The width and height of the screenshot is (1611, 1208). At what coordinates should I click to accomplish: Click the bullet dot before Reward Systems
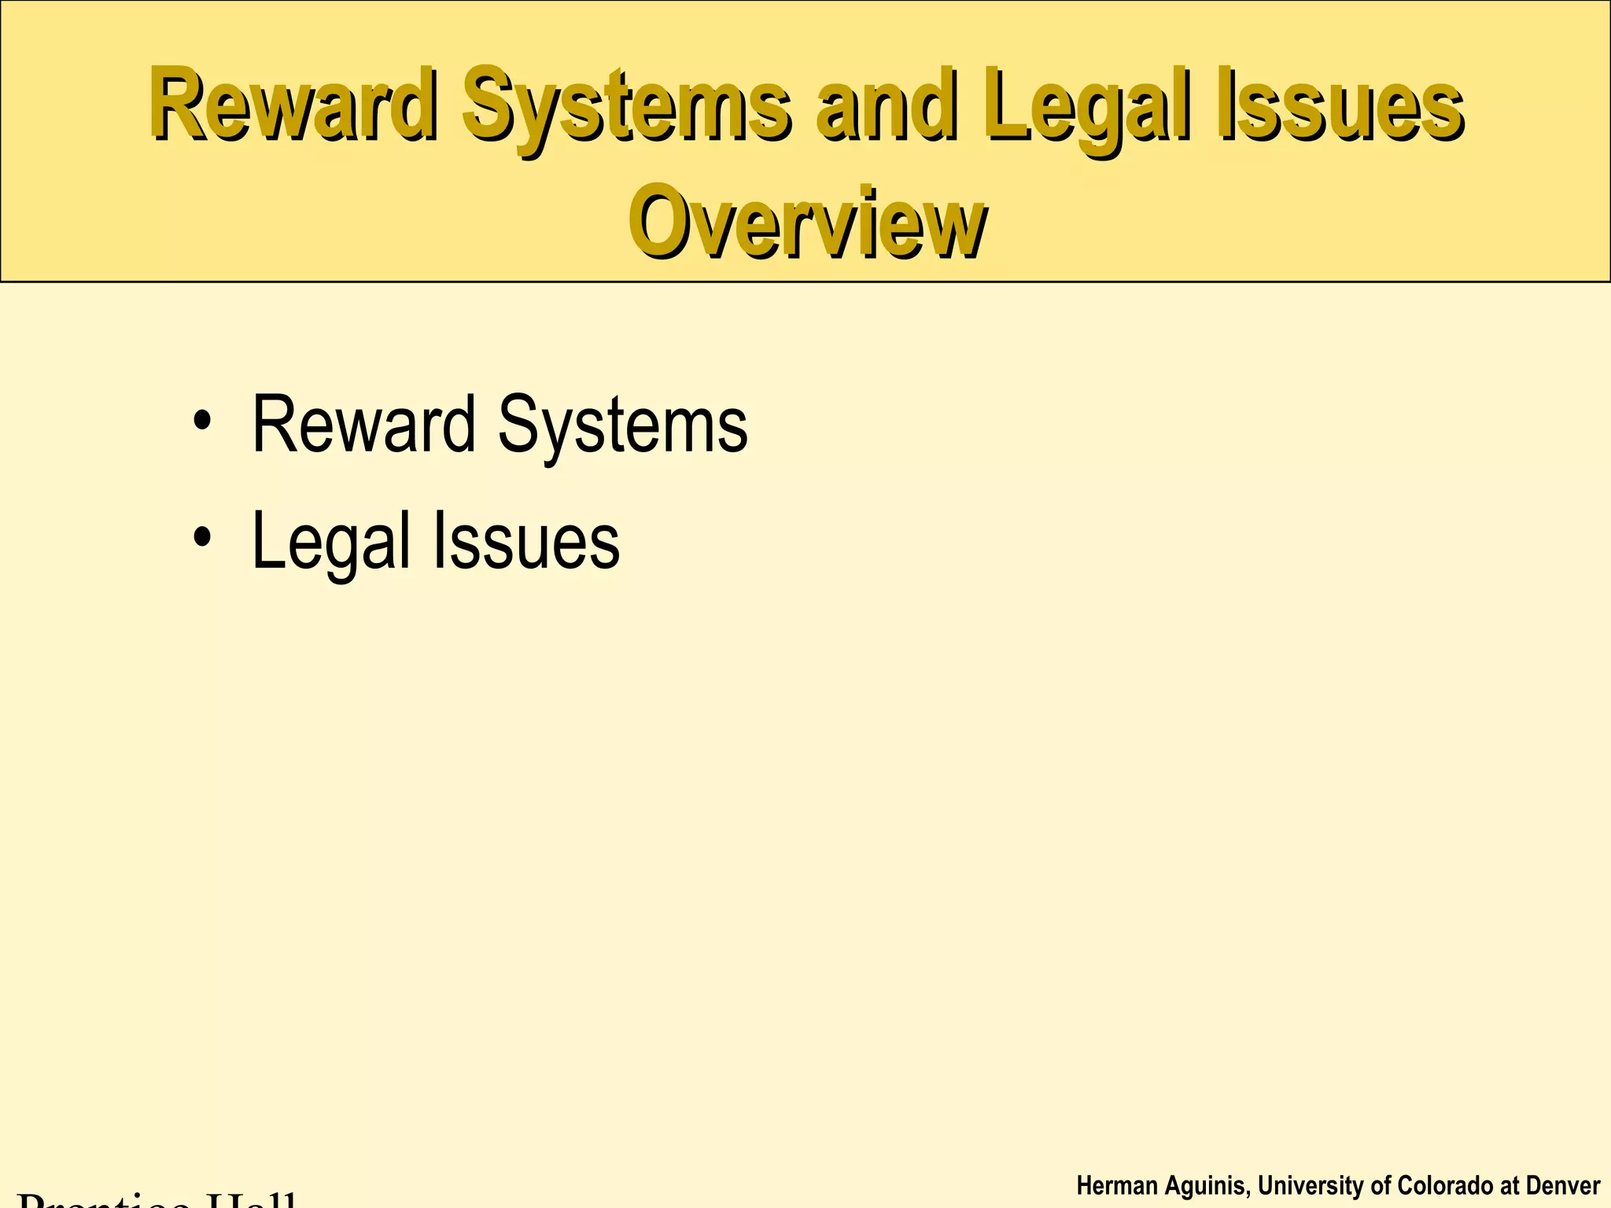(x=202, y=422)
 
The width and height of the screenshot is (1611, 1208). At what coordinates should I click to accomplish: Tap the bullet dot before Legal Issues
(x=202, y=538)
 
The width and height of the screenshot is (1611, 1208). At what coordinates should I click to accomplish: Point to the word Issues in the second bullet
(x=526, y=541)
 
